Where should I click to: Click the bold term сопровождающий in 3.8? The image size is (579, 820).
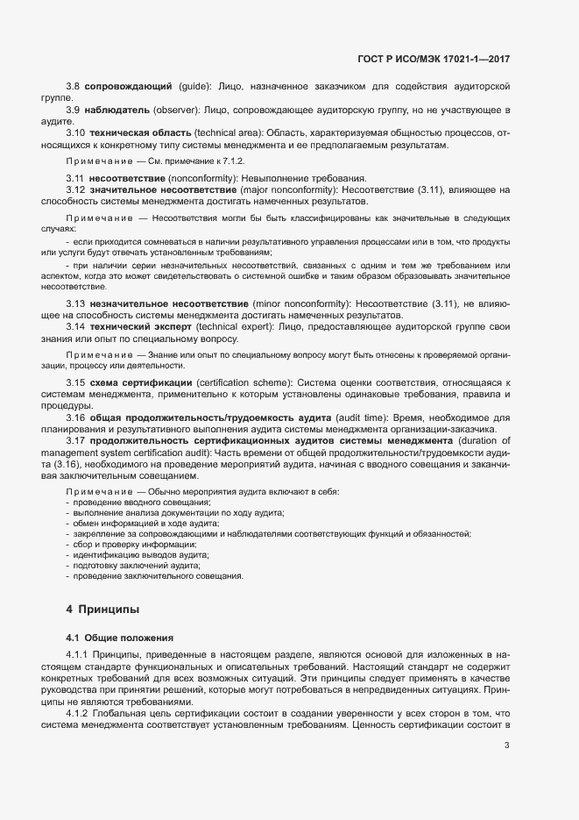click(127, 87)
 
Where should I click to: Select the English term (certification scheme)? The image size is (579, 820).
click(244, 383)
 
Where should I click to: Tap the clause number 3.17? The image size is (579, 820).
click(75, 440)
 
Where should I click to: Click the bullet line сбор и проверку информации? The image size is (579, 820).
click(134, 544)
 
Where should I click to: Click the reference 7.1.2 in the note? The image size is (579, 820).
click(181, 161)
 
